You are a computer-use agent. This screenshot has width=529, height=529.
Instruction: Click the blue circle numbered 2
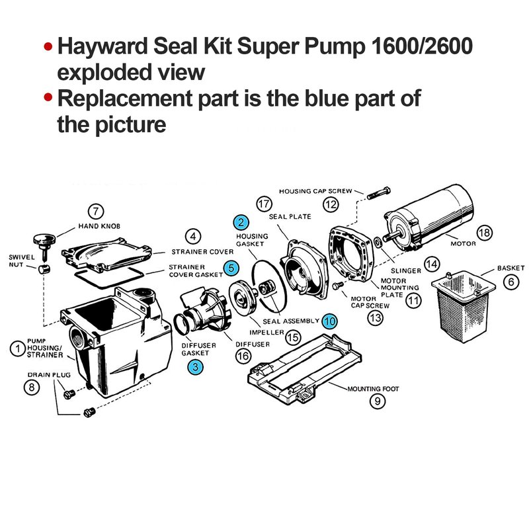click(241, 222)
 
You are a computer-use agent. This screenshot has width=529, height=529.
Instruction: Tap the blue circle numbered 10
click(329, 321)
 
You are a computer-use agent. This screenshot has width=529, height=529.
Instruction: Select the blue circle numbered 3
click(195, 367)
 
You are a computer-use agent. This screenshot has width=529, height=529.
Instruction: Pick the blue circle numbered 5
click(231, 268)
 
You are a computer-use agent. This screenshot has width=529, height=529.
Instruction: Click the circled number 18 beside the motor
click(485, 233)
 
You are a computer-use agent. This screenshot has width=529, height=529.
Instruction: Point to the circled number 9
click(377, 401)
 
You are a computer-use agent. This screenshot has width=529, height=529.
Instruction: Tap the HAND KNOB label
click(99, 226)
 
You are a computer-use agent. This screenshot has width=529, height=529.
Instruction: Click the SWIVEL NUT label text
click(22, 261)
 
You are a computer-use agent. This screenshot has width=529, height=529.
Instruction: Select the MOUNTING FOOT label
click(373, 389)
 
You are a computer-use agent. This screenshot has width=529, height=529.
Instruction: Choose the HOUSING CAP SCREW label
click(315, 191)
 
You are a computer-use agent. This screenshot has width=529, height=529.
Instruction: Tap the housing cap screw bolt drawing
click(378, 193)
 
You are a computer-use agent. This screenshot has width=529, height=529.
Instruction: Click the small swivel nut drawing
click(44, 269)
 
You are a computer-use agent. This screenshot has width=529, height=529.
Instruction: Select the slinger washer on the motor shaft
click(378, 241)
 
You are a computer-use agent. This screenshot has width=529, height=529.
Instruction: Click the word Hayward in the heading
click(102, 46)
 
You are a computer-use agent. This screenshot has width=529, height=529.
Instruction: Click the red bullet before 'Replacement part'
click(48, 98)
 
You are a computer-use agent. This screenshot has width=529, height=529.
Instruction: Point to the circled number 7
click(96, 212)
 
